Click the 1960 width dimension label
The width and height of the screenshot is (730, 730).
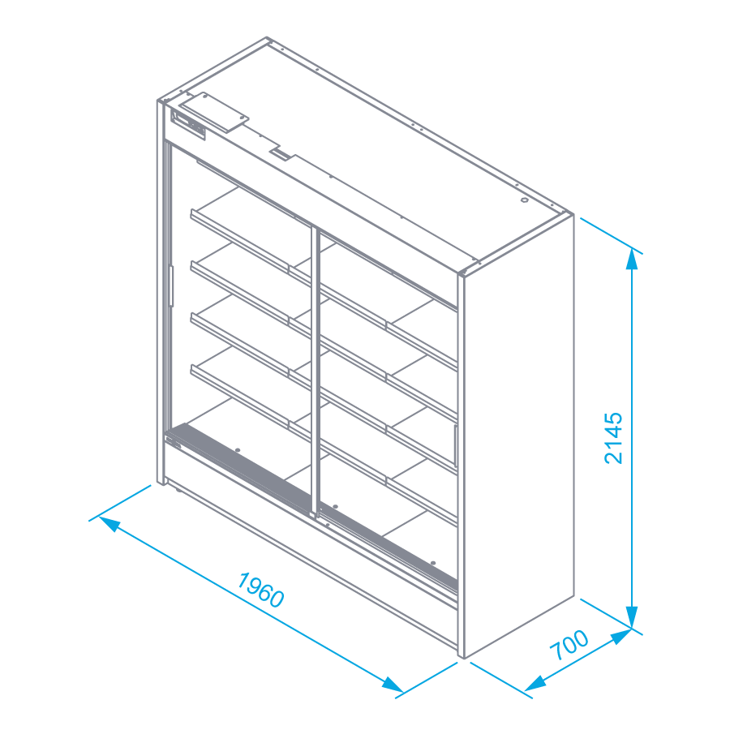(x=261, y=590)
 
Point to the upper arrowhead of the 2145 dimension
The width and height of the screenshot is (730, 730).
(x=633, y=259)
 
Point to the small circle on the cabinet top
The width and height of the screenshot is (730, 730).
(x=524, y=199)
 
